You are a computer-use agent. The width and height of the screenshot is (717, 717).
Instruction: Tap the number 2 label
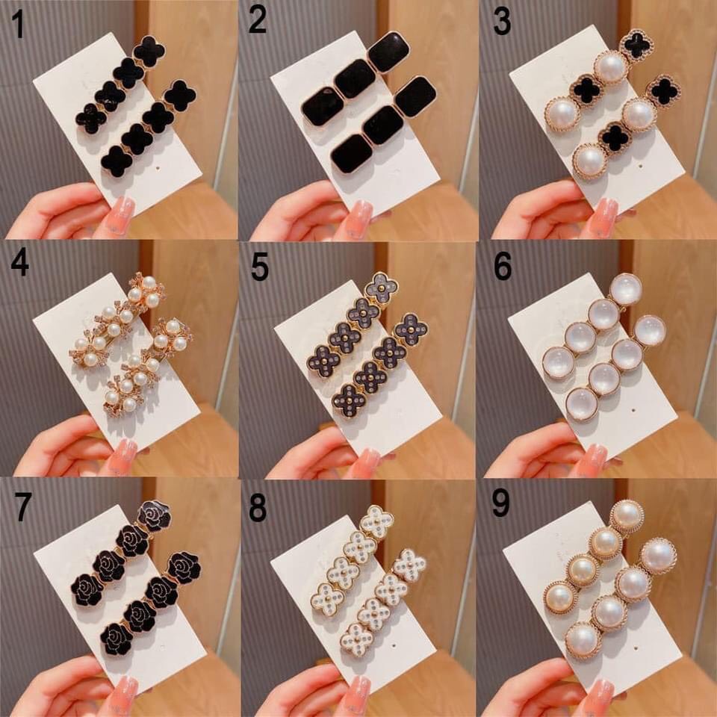pyautogui.click(x=258, y=21)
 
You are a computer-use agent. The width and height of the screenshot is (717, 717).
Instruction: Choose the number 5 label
pyautogui.click(x=259, y=267)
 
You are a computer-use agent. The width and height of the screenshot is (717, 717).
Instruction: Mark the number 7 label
pyautogui.click(x=23, y=508)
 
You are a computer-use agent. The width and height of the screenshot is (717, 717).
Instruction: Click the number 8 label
pyautogui.click(x=258, y=508)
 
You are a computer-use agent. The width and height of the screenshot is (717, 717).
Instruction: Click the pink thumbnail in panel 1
pyautogui.click(x=119, y=214)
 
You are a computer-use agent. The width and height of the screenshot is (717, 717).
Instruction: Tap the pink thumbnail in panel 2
pyautogui.click(x=358, y=218)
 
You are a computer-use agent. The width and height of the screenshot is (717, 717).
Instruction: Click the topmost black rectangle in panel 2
pyautogui.click(x=388, y=52)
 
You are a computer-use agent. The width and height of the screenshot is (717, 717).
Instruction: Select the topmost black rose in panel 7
pyautogui.click(x=155, y=517)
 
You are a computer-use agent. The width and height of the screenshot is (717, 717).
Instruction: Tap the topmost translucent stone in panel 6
pyautogui.click(x=627, y=289)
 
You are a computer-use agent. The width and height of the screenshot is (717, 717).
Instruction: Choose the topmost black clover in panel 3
pyautogui.click(x=636, y=46)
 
